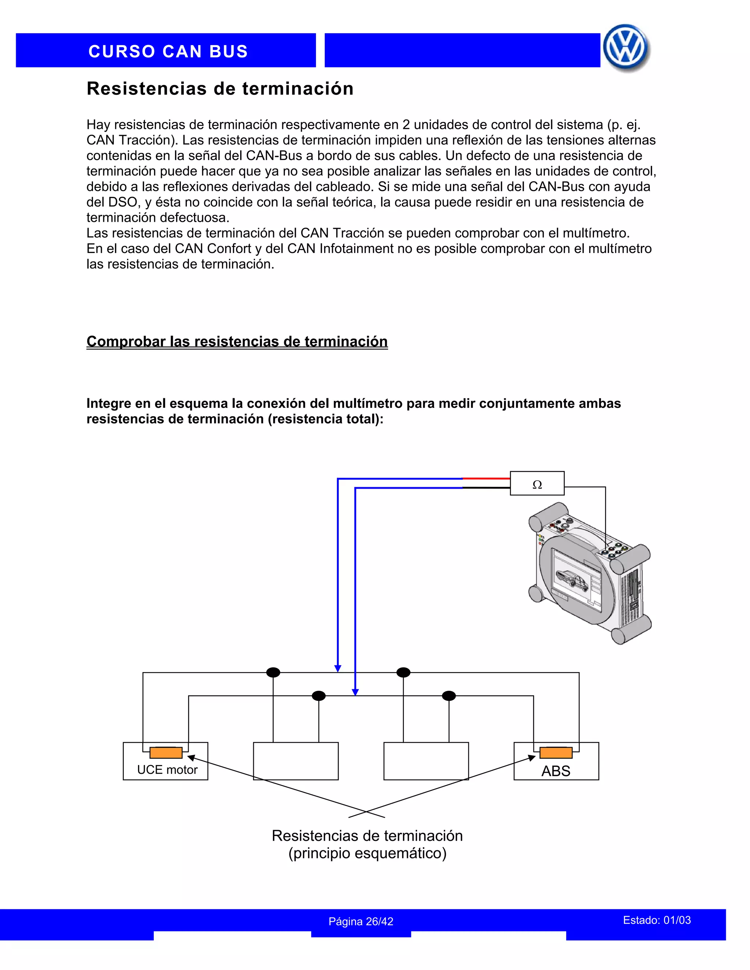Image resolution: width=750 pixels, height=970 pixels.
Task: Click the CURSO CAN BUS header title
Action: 168,52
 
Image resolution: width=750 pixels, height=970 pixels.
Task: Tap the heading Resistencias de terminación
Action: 220,89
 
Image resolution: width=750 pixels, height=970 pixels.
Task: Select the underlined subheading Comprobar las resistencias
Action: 237,342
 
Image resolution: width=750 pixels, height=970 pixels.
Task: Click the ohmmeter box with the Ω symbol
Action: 537,483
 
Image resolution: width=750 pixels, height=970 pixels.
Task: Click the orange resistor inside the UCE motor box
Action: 166,753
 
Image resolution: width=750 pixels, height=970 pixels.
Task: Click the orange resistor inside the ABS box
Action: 556,753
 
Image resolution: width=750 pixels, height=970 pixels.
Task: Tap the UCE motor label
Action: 167,770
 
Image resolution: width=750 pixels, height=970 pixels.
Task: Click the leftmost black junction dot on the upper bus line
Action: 273,672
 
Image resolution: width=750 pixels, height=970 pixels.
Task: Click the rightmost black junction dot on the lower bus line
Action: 449,695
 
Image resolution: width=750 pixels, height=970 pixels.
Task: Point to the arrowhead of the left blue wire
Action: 338,668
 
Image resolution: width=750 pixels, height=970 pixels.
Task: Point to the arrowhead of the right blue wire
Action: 355,692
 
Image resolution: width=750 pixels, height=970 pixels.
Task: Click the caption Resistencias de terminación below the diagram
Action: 367,836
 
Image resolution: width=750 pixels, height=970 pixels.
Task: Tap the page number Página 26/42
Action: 361,922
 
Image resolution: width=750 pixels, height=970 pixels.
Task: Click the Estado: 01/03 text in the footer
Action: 657,920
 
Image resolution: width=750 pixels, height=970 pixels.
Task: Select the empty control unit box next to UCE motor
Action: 296,761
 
